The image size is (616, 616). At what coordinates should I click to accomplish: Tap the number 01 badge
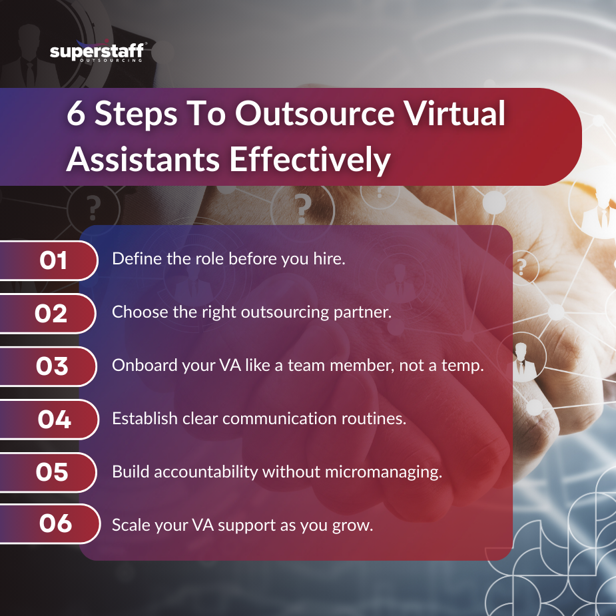point(53,260)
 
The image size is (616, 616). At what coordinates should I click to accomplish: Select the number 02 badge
point(51,312)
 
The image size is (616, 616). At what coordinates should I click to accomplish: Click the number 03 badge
point(53,366)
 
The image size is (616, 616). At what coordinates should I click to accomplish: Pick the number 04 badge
point(54,419)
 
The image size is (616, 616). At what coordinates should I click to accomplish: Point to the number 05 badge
point(52,471)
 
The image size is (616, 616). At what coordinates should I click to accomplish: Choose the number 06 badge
point(55,523)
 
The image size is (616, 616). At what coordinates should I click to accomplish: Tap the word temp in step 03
point(463,366)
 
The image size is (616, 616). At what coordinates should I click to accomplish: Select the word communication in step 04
point(300,419)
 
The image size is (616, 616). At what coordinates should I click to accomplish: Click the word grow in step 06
point(354,525)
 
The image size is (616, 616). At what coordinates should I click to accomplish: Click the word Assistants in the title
point(143,160)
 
